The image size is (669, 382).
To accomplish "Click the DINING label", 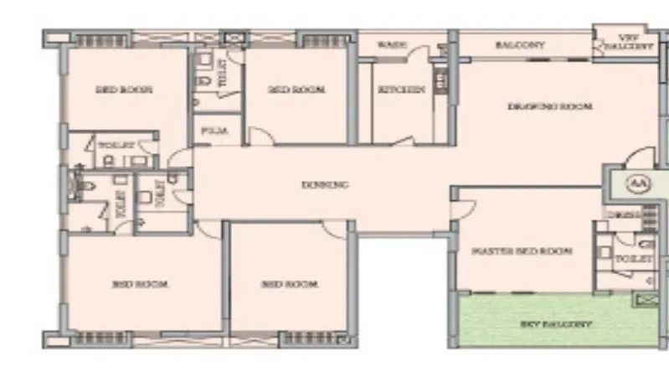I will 324,185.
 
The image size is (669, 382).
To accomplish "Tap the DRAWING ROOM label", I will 550,106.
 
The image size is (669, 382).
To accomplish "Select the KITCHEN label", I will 401,90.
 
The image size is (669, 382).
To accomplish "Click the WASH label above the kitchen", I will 392,44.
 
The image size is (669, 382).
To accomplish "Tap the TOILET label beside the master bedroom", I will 633,261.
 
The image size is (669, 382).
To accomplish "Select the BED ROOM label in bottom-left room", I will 140,284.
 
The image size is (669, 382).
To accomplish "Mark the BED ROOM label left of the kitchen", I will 296,90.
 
